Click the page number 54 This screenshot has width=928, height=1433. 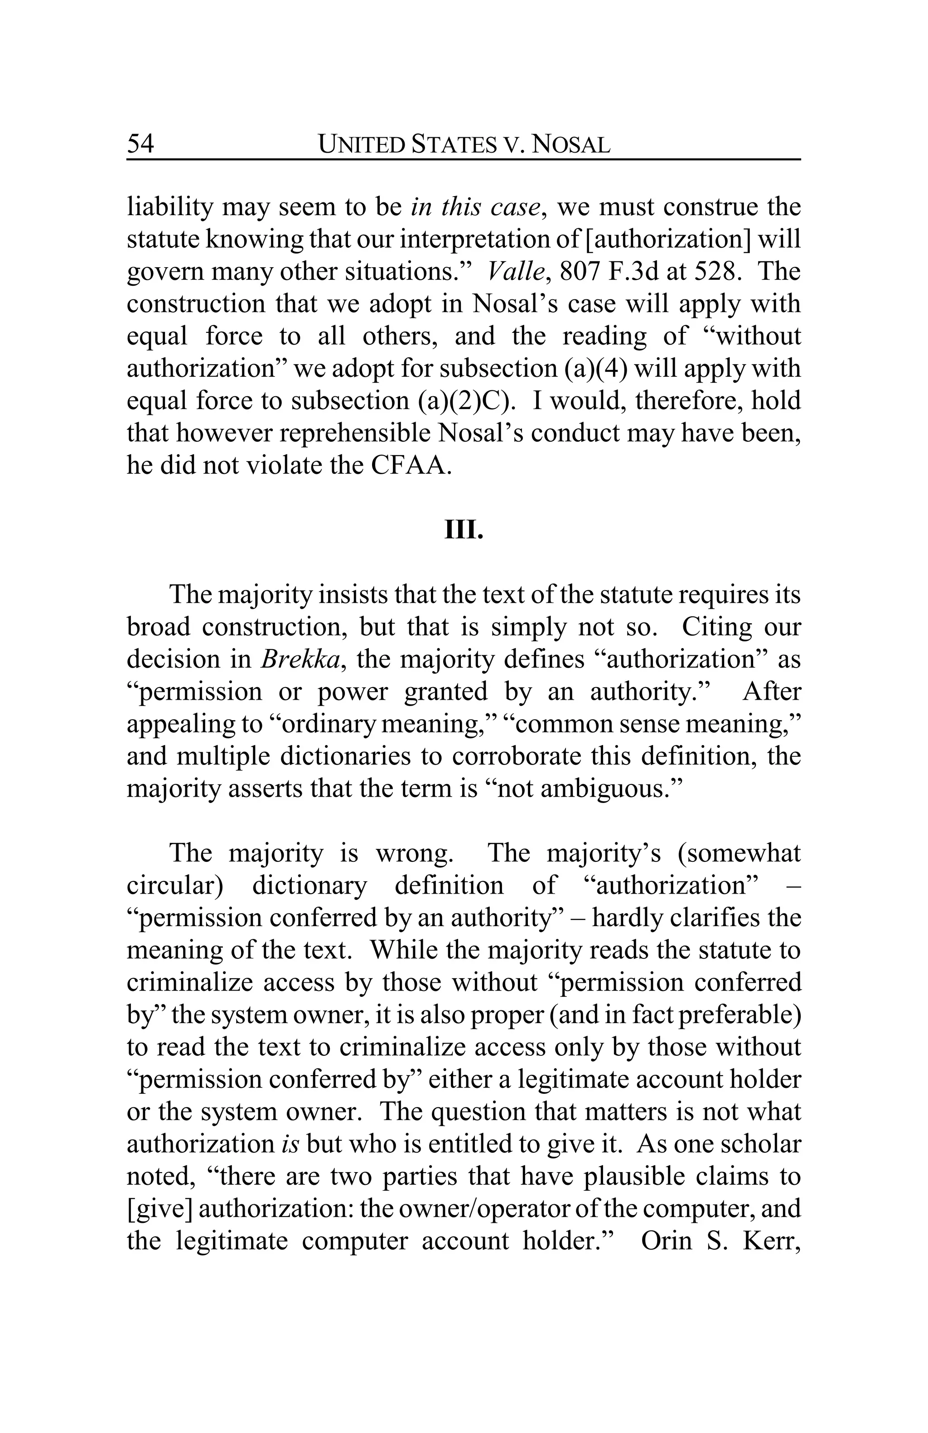click(x=140, y=144)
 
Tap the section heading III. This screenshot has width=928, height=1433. click(x=463, y=530)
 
